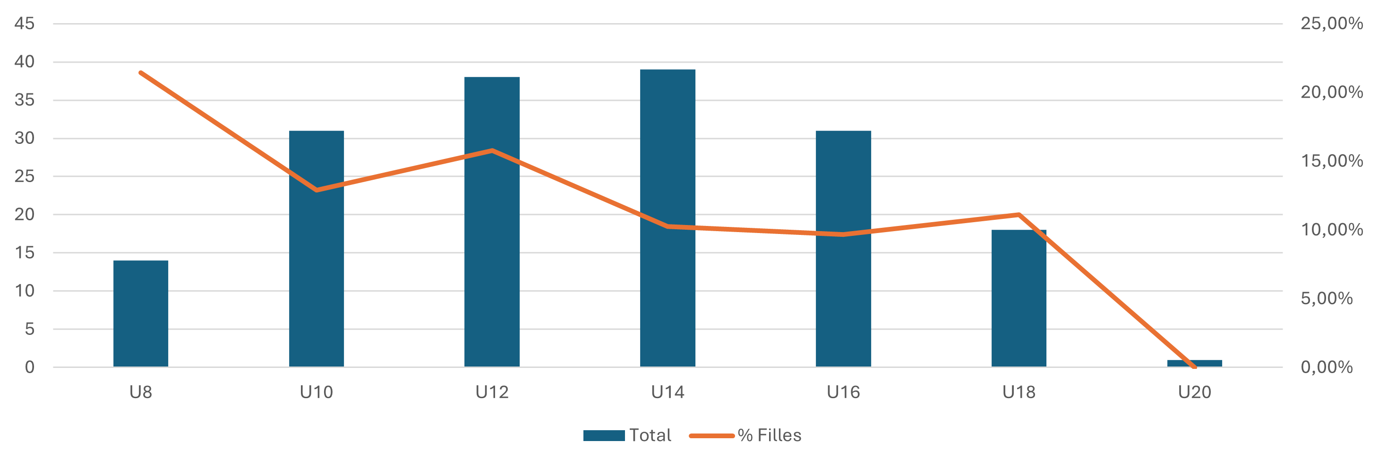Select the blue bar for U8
tap(141, 314)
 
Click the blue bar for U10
tap(317, 249)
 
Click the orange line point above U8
tap(141, 73)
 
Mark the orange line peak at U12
tap(492, 150)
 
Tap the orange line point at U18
tap(1019, 215)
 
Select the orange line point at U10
tap(317, 190)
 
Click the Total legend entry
tap(627, 435)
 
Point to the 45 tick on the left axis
tap(25, 24)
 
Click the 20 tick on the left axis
tap(25, 215)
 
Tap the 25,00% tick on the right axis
tap(1331, 24)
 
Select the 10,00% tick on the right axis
tap(1331, 230)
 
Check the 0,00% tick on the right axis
tap(1327, 367)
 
